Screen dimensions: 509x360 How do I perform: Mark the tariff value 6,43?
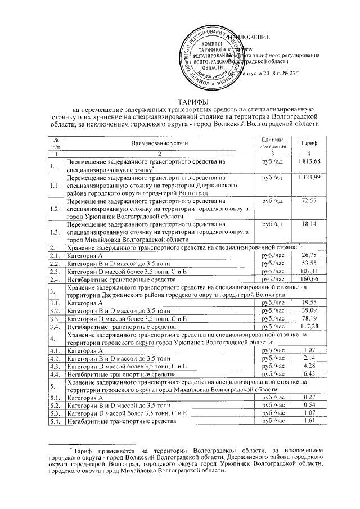point(308,373)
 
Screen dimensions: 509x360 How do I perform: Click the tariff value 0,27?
point(308,397)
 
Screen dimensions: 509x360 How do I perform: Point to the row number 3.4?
point(55,326)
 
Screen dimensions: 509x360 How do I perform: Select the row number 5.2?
point(55,405)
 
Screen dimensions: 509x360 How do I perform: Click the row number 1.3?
point(55,232)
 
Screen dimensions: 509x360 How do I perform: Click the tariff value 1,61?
point(308,421)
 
